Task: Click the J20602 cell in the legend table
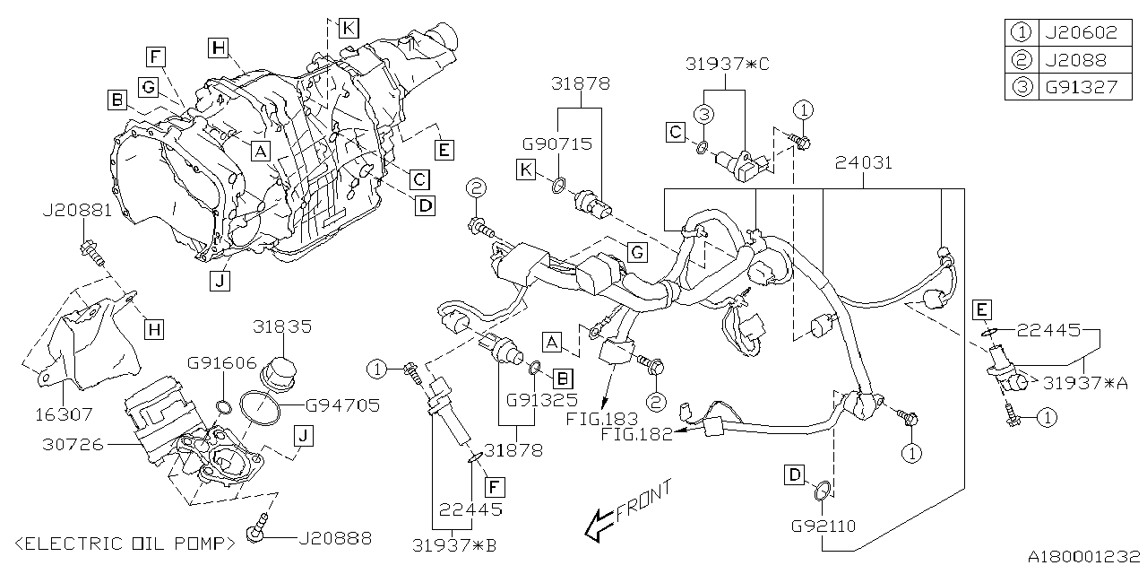(1080, 33)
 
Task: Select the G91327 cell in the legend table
(1080, 87)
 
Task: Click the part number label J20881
(76, 213)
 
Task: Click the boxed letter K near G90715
(527, 167)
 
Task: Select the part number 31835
(282, 327)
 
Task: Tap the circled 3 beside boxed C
(705, 114)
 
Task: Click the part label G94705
(330, 405)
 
